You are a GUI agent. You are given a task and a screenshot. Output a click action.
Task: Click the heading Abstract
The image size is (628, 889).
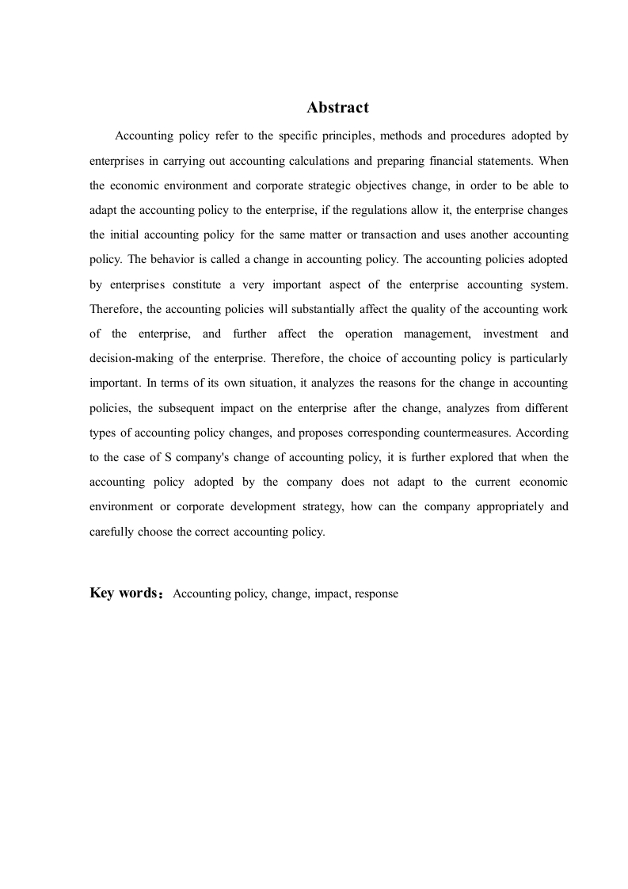coord(337,108)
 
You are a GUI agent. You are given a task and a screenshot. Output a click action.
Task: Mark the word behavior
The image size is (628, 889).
coord(175,259)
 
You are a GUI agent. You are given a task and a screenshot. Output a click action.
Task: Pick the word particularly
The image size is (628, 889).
coord(539,358)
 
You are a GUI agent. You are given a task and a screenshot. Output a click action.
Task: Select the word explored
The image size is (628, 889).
coord(455,457)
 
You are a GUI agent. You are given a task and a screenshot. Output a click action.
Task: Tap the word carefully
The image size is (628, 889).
coord(112,532)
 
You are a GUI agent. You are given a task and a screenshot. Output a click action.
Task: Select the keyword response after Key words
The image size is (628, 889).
coord(376,593)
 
